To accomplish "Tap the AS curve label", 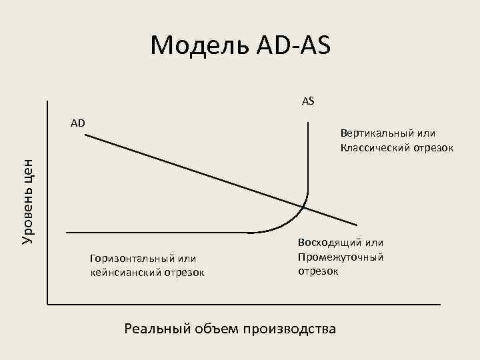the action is click(308, 101).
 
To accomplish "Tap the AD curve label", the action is click(78, 123).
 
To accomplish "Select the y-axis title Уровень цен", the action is click(27, 201).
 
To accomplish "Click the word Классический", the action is click(376, 147).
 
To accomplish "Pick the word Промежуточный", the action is click(341, 257).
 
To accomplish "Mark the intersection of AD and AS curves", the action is click(304, 206).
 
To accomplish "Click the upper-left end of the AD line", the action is click(86, 135).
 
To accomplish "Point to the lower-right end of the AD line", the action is click(357, 225).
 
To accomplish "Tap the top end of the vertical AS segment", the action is click(309, 122).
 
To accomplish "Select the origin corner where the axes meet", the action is click(48, 304).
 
